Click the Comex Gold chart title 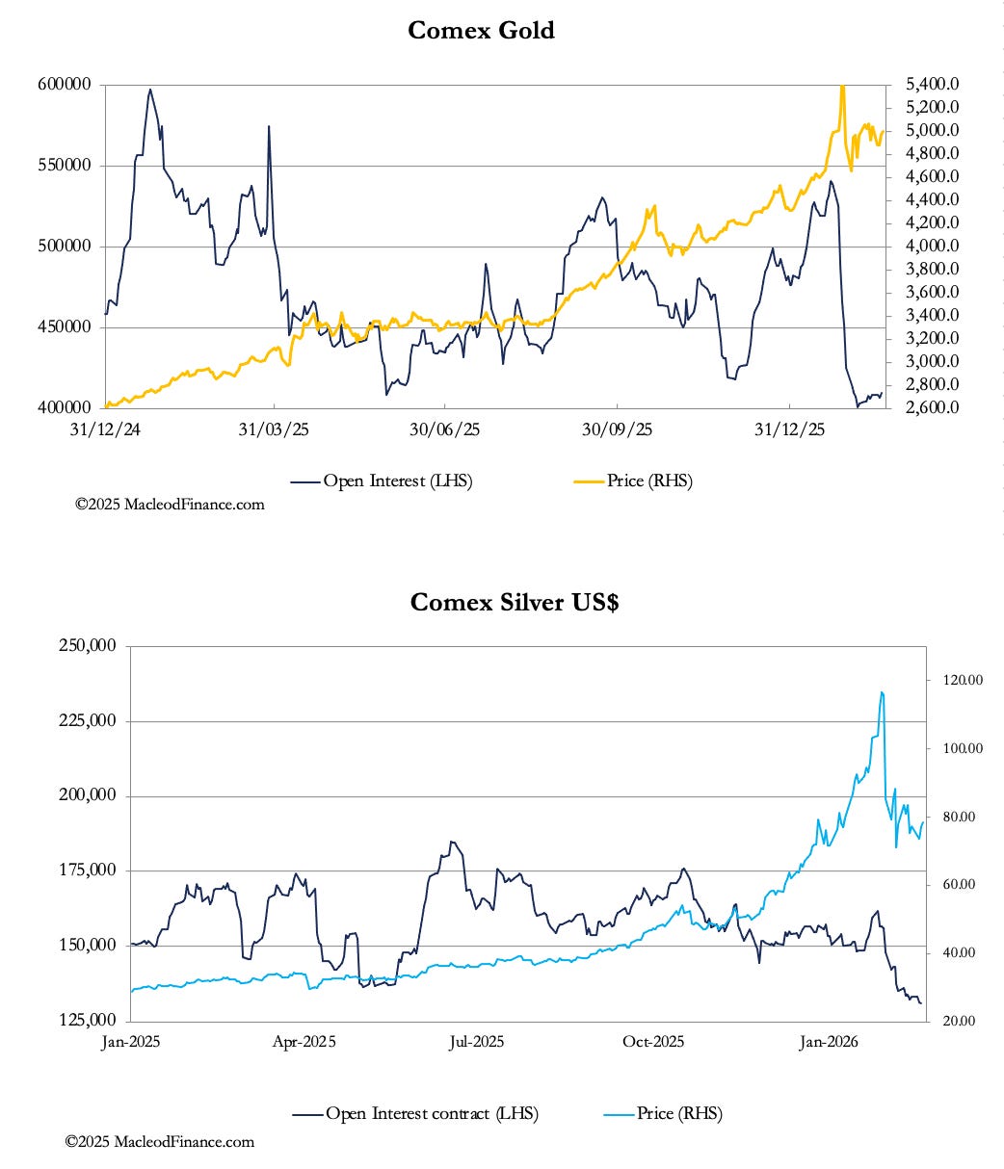481,30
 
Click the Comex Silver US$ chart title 514,602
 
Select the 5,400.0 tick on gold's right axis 931,85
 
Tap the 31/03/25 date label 273,429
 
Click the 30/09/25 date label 618,429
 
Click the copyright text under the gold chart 170,504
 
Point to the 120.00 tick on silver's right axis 962,680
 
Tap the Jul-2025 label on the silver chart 477,1042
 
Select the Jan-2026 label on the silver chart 829,1042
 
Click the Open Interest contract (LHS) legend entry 415,1114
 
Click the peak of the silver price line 882,692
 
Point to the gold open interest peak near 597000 149,90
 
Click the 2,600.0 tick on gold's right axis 931,408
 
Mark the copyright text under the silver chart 160,1142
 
